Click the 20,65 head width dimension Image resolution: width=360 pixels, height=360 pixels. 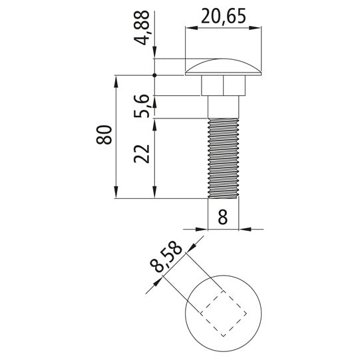point(224,16)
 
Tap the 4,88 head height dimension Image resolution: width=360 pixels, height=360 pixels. point(142,28)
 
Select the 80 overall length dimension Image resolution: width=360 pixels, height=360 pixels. point(104,135)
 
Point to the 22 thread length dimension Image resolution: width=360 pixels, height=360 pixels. point(142,154)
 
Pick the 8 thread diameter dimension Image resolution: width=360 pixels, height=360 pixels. point(223,216)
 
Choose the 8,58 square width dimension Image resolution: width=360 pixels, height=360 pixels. point(166,256)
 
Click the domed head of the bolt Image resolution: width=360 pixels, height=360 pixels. point(223,67)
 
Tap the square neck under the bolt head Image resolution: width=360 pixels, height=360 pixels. point(223,85)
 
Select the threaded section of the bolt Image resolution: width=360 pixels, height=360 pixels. point(223,158)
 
